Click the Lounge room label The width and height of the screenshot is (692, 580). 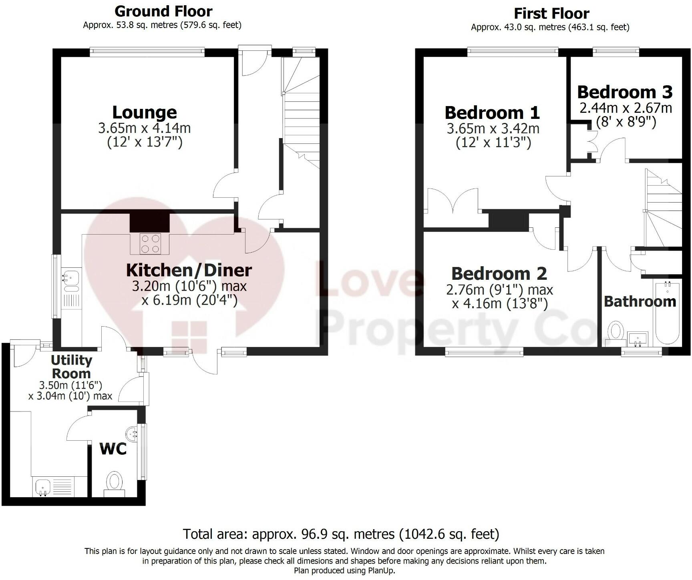pyautogui.click(x=144, y=112)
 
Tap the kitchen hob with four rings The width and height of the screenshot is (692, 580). pyautogui.click(x=150, y=243)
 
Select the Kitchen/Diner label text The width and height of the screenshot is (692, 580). pyautogui.click(x=189, y=270)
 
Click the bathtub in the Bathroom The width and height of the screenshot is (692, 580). pyautogui.click(x=667, y=313)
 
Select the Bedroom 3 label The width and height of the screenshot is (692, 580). pyautogui.click(x=624, y=92)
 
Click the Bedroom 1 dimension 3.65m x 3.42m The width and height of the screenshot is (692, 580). pyautogui.click(x=493, y=129)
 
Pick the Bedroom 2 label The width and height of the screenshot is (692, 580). pyautogui.click(x=499, y=274)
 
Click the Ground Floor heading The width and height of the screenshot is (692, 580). pyautogui.click(x=163, y=11)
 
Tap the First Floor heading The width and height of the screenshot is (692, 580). pyautogui.click(x=551, y=14)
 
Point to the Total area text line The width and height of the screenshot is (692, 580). pyautogui.click(x=341, y=534)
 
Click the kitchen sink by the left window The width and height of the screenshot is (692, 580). pyautogui.click(x=71, y=277)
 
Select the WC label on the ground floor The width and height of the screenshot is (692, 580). pyautogui.click(x=113, y=449)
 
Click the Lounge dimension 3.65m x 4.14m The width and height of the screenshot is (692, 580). pyautogui.click(x=144, y=128)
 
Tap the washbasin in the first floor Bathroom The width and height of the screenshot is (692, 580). pyautogui.click(x=638, y=339)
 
